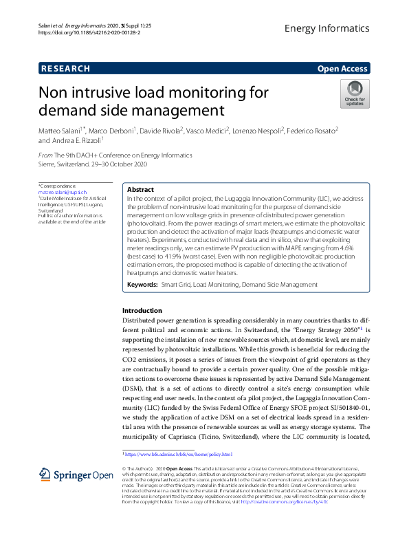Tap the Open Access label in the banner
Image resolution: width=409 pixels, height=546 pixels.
342,68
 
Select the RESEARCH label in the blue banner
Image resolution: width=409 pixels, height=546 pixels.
65,68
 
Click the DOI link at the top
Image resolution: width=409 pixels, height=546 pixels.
86,32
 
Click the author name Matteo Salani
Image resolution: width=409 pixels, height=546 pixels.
60,130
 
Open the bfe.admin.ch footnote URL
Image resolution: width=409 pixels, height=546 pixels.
179,455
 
